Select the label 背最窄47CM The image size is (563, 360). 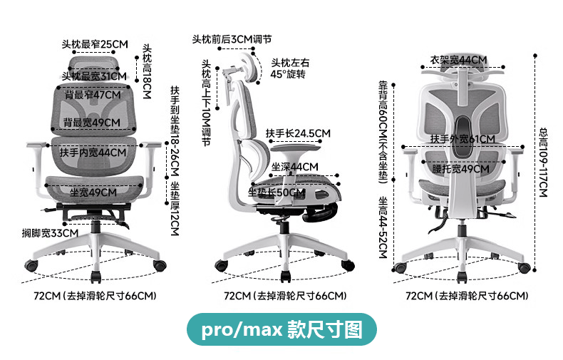tap(93, 94)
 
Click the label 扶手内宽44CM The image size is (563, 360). tap(93, 153)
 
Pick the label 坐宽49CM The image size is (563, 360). tap(93, 192)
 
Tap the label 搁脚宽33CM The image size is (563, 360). tap(50, 233)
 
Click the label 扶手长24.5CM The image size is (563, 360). tap(298, 133)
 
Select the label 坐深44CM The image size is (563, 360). tap(295, 167)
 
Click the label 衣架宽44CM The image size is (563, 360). tap(458, 60)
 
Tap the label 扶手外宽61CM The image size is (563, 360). tap(463, 138)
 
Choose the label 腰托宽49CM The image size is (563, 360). tap(460, 169)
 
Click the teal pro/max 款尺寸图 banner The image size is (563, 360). tap(281, 330)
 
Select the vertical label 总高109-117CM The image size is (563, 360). tap(542, 163)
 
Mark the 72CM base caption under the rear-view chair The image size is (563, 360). tap(466, 296)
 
